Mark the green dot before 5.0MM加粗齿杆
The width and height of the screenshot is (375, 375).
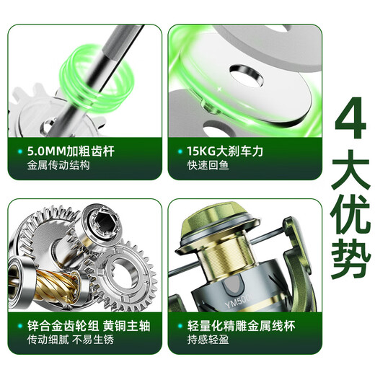(x=19, y=153)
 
